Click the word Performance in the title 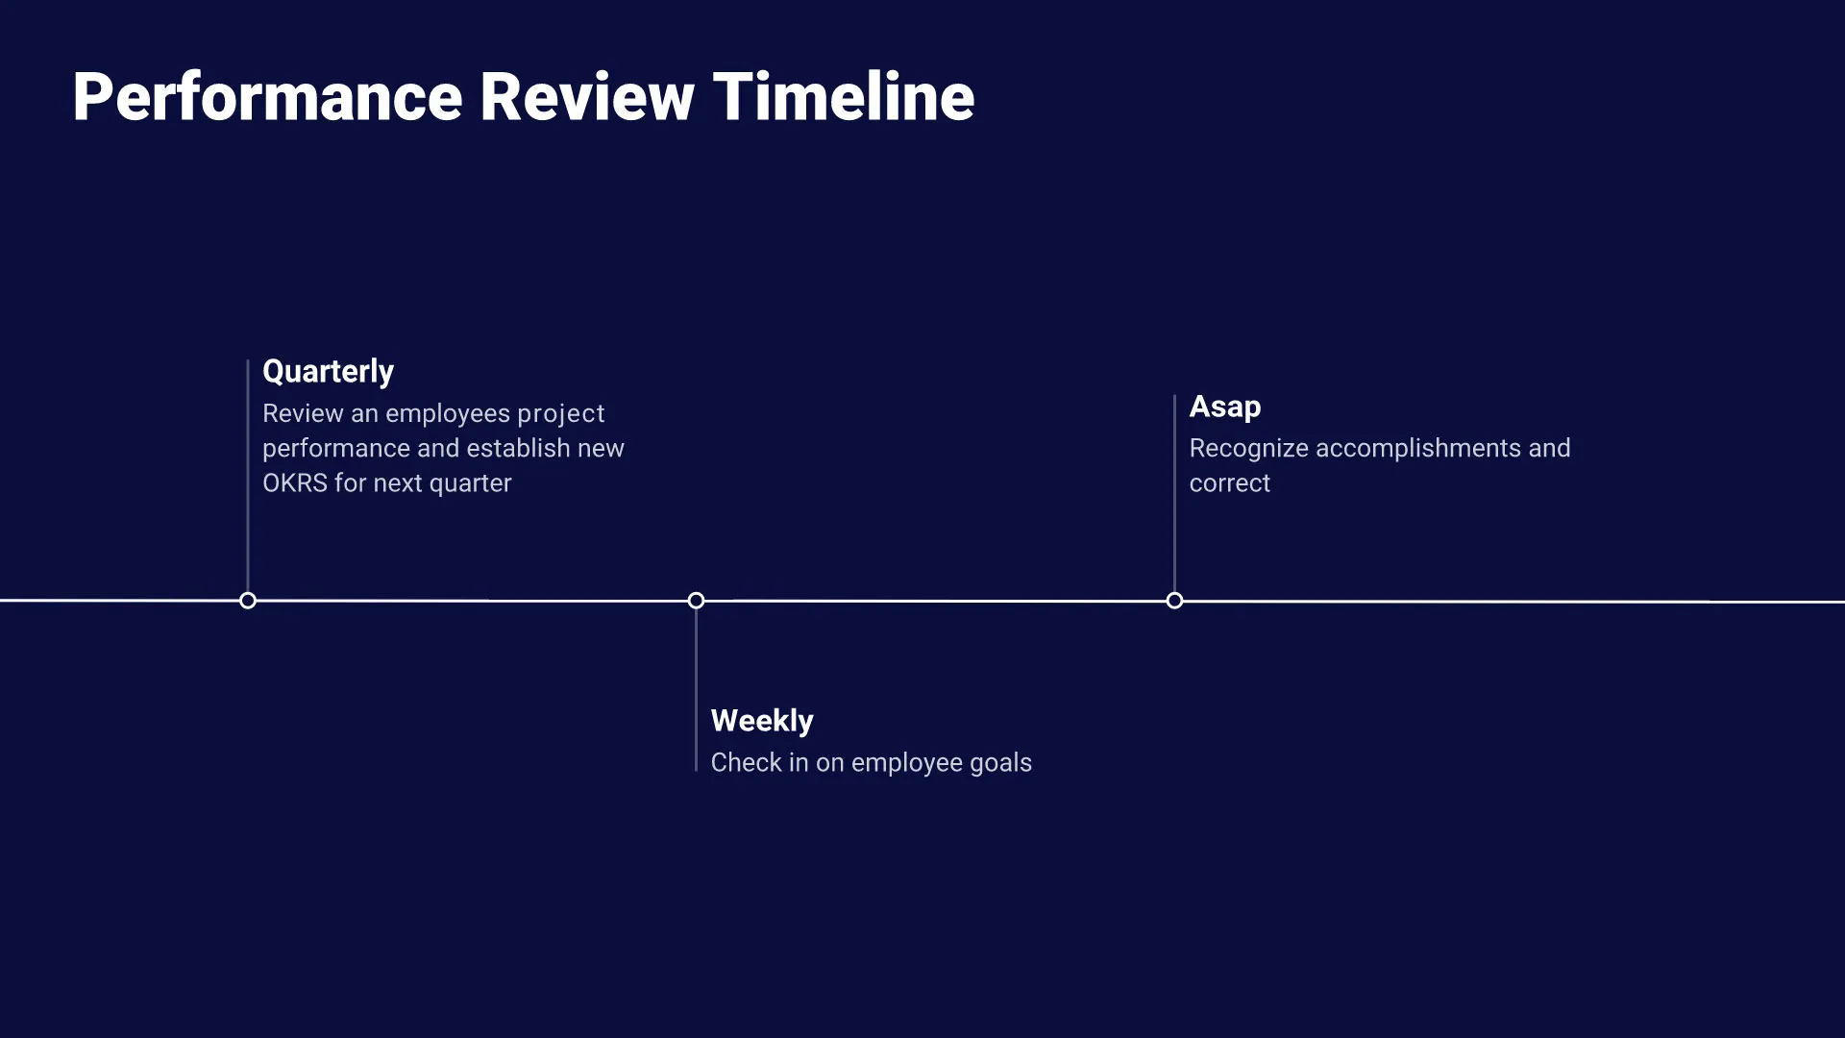tap(267, 98)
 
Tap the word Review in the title tap(586, 98)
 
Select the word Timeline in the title tap(844, 98)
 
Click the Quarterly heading tap(328, 372)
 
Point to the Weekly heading tap(761, 721)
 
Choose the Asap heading tap(1224, 407)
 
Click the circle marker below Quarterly tap(248, 601)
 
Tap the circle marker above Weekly tap(696, 601)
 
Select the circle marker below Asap tap(1174, 601)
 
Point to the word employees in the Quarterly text tap(447, 414)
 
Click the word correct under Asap tap(1229, 483)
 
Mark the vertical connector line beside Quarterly tap(248, 481)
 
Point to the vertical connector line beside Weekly tap(696, 692)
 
